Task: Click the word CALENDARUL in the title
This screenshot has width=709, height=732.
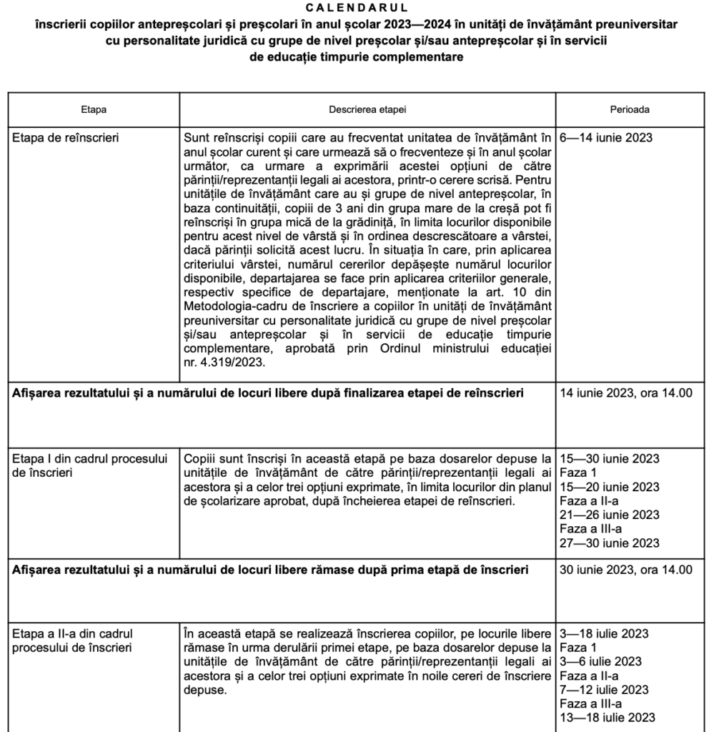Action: coord(354,8)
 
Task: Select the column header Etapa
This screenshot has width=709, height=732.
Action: coord(94,110)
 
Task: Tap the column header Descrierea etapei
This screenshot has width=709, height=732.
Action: coord(367,110)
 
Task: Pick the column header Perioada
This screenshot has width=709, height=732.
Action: coord(629,110)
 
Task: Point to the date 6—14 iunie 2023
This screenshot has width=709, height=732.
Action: coord(606,138)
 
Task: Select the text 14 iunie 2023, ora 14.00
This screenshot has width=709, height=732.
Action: coord(626,393)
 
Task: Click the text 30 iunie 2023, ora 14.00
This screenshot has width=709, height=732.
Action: coord(626,570)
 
